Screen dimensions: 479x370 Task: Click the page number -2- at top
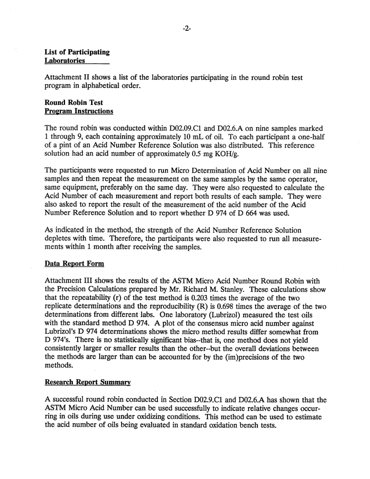pos(187,30)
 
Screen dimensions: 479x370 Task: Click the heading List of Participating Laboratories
pos(77,56)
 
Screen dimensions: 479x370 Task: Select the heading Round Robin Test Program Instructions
pos(79,107)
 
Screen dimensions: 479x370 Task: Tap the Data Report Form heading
pos(75,264)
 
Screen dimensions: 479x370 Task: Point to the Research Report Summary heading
pos(88,383)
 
